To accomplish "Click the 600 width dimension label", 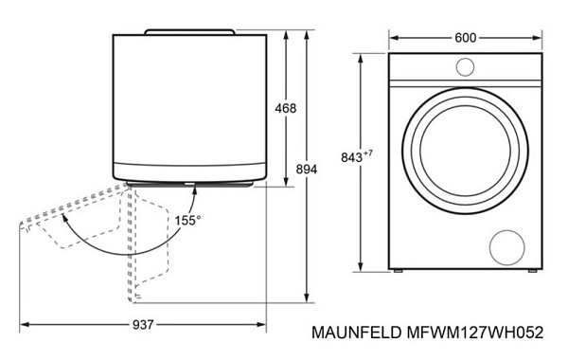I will (x=465, y=38).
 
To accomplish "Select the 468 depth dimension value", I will (x=284, y=108).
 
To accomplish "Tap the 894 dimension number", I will (x=306, y=168).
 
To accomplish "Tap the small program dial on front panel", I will (x=465, y=66).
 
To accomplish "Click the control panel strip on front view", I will (x=465, y=67).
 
